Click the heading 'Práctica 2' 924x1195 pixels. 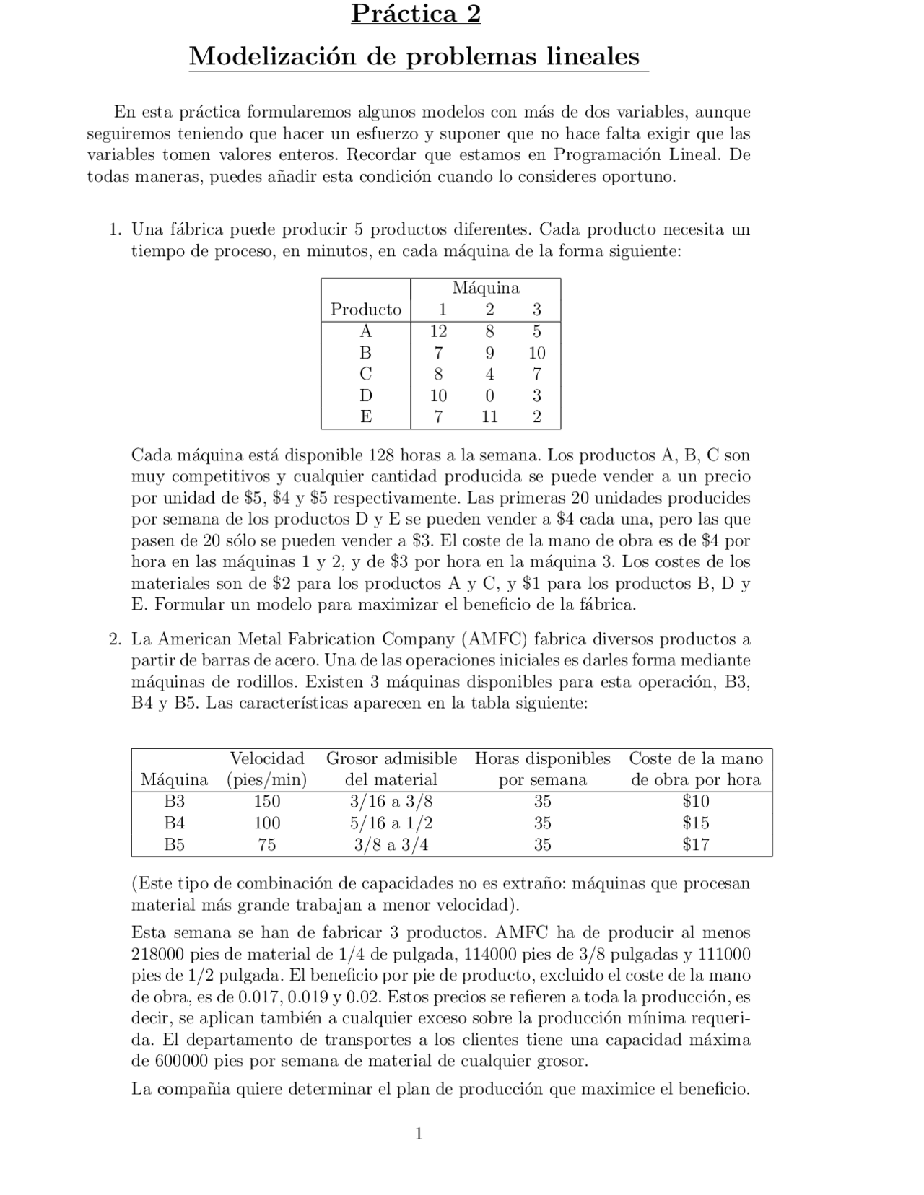tap(416, 14)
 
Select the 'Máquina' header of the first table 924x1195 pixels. tap(485, 289)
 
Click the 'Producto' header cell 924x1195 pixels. tap(366, 310)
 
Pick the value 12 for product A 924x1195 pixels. tap(438, 331)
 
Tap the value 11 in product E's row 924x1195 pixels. tap(489, 416)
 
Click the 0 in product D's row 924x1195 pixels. tap(489, 395)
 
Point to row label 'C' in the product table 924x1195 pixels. tap(366, 374)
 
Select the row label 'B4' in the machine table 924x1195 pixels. tap(174, 823)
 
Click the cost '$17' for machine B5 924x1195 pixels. tap(696, 844)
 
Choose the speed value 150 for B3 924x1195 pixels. tap(266, 801)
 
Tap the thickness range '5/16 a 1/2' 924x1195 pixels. tap(391, 823)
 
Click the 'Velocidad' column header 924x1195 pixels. tap(266, 758)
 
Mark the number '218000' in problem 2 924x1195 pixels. tap(158, 954)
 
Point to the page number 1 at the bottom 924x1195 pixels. tap(419, 1134)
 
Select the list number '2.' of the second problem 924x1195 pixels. tap(114, 639)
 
